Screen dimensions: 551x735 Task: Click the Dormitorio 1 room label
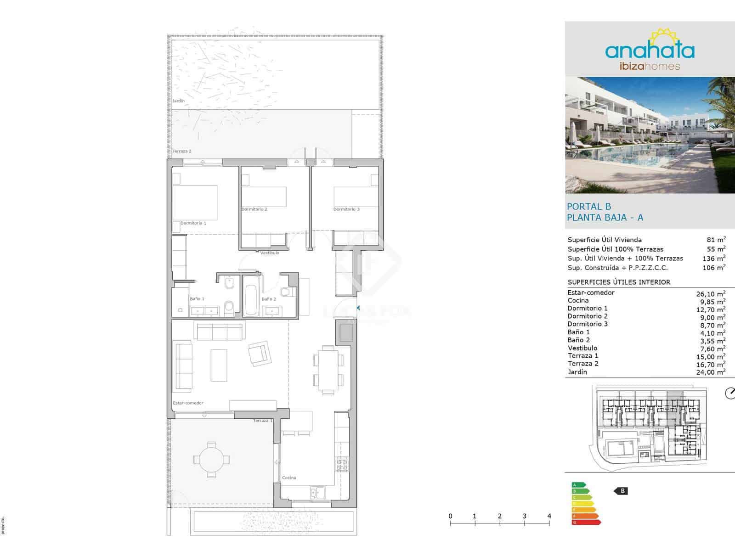click(193, 223)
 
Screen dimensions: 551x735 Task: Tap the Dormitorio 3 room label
click(346, 209)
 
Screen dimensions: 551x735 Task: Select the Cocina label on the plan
click(289, 478)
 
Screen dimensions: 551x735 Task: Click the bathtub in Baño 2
click(251, 295)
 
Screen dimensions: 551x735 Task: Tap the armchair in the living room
click(260, 353)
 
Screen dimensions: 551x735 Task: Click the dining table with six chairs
click(328, 370)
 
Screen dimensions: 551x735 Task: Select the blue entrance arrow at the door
click(358, 308)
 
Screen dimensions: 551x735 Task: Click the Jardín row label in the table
click(577, 372)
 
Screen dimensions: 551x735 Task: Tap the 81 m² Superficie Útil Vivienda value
click(716, 240)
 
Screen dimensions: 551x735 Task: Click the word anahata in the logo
click(650, 51)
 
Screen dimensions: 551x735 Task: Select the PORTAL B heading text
click(589, 207)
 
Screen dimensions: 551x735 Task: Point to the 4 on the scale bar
click(549, 516)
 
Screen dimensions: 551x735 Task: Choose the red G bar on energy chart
click(586, 522)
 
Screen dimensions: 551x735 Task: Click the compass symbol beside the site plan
click(729, 394)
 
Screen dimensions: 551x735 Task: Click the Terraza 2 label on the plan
click(181, 151)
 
